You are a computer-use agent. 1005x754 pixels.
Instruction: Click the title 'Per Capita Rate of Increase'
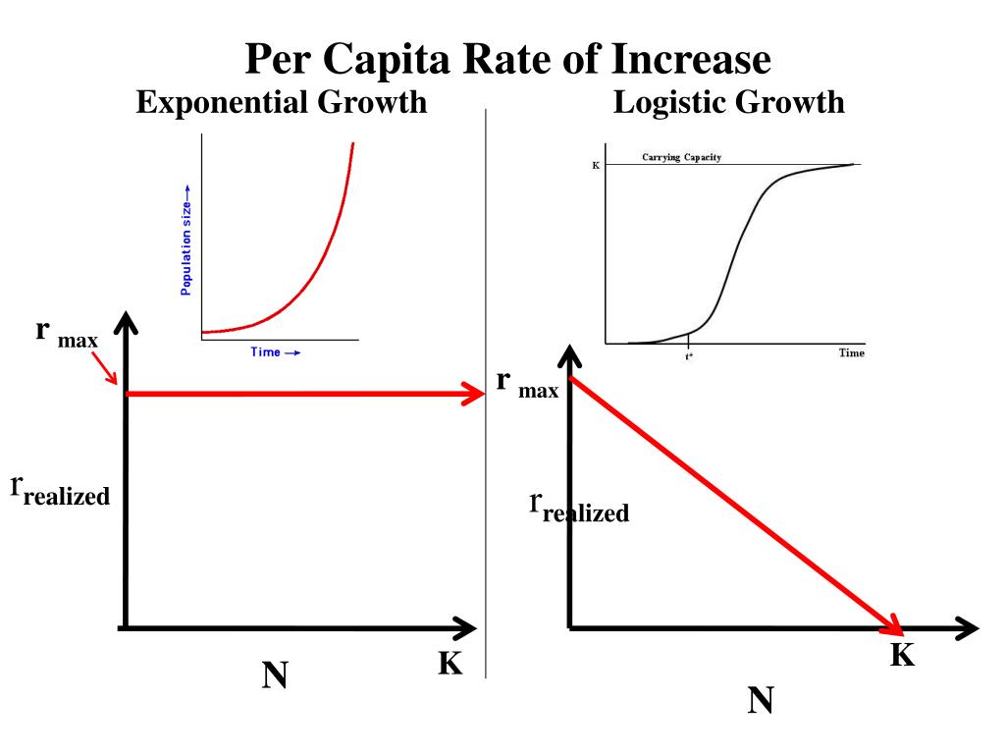point(507,60)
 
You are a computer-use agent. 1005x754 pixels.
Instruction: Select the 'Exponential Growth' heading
point(281,101)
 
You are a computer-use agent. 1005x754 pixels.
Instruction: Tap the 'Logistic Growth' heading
point(728,101)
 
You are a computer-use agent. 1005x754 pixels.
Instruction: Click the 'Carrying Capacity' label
point(681,157)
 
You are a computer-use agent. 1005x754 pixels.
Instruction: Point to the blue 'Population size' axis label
point(185,241)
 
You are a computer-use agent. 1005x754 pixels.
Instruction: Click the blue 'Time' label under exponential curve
point(275,352)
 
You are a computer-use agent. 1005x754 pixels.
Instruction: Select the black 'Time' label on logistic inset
point(851,352)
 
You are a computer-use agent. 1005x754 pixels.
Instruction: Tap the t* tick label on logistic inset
point(690,354)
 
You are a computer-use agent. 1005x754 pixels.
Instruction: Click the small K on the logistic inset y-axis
point(596,166)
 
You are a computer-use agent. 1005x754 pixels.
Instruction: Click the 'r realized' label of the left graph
point(60,490)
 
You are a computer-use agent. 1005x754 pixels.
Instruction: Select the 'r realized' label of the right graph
point(579,508)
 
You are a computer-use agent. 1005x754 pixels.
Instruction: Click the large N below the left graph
point(275,675)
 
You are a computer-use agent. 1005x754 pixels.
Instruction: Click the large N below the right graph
point(761,701)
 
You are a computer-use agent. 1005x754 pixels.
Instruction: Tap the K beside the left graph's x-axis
point(450,664)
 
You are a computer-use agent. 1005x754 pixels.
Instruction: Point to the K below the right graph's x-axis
point(902,655)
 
